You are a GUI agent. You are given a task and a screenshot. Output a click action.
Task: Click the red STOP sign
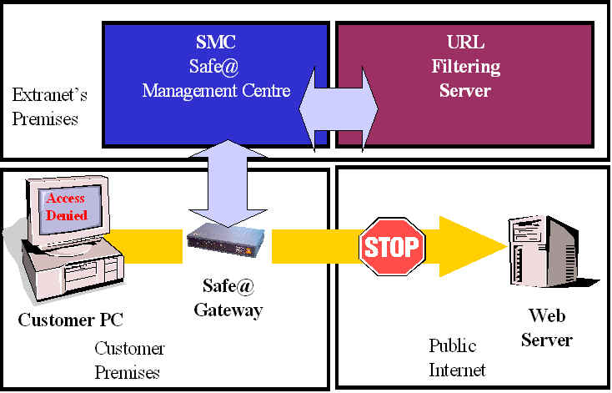coord(392,246)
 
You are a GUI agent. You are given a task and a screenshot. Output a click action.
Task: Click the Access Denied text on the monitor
coord(67,207)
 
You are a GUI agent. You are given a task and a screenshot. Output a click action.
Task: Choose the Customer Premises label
coord(129,360)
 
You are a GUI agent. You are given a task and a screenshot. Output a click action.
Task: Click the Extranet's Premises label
coord(46,106)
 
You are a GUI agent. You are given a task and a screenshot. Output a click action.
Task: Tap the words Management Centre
coord(216,90)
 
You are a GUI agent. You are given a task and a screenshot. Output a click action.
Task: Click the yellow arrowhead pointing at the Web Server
coord(475,246)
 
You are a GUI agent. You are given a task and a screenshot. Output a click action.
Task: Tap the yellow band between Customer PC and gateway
coord(146,246)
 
